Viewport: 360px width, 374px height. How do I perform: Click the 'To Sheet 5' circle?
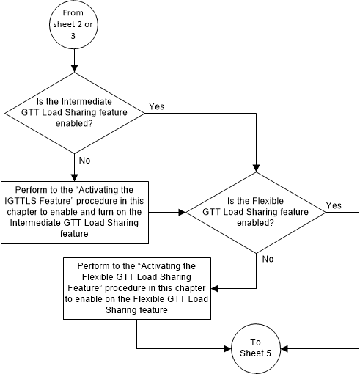[256, 345]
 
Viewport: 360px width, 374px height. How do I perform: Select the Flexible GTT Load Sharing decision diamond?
[256, 213]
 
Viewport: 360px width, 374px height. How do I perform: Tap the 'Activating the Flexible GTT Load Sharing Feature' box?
[137, 287]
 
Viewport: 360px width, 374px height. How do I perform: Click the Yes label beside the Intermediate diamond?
[156, 106]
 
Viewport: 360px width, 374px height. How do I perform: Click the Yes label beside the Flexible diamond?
[334, 205]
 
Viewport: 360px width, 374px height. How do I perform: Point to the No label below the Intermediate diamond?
[84, 159]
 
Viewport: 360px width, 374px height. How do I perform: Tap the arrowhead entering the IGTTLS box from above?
[74, 177]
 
